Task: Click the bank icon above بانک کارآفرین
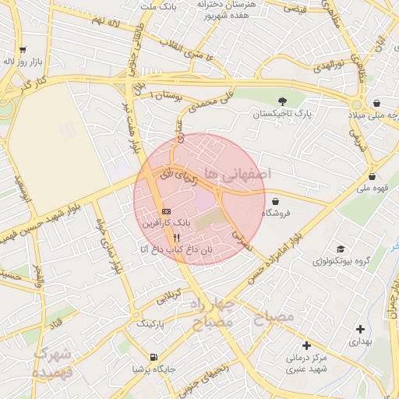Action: point(166,211)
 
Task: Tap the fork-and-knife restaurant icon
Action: point(178,238)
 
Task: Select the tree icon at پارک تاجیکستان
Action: point(282,101)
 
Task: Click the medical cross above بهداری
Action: point(359,329)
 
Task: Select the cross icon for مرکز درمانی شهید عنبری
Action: point(306,345)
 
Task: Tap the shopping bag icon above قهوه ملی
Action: point(373,176)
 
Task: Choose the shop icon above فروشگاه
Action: point(276,200)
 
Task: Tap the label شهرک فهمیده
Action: point(53,362)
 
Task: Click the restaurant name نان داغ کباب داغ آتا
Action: point(175,249)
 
